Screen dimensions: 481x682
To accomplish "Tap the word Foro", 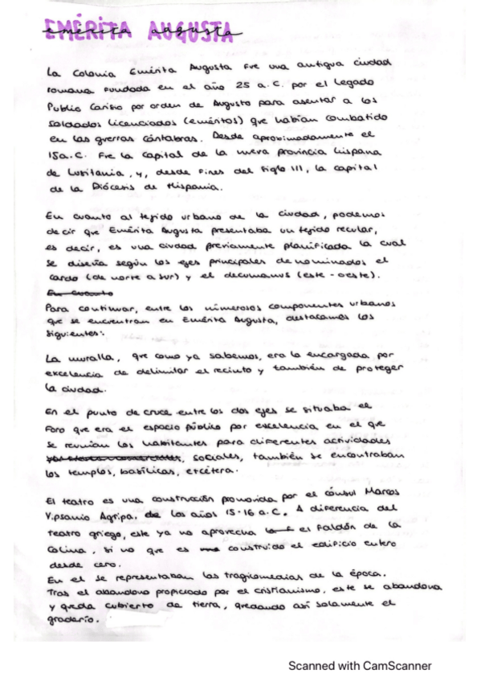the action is (58, 429).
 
